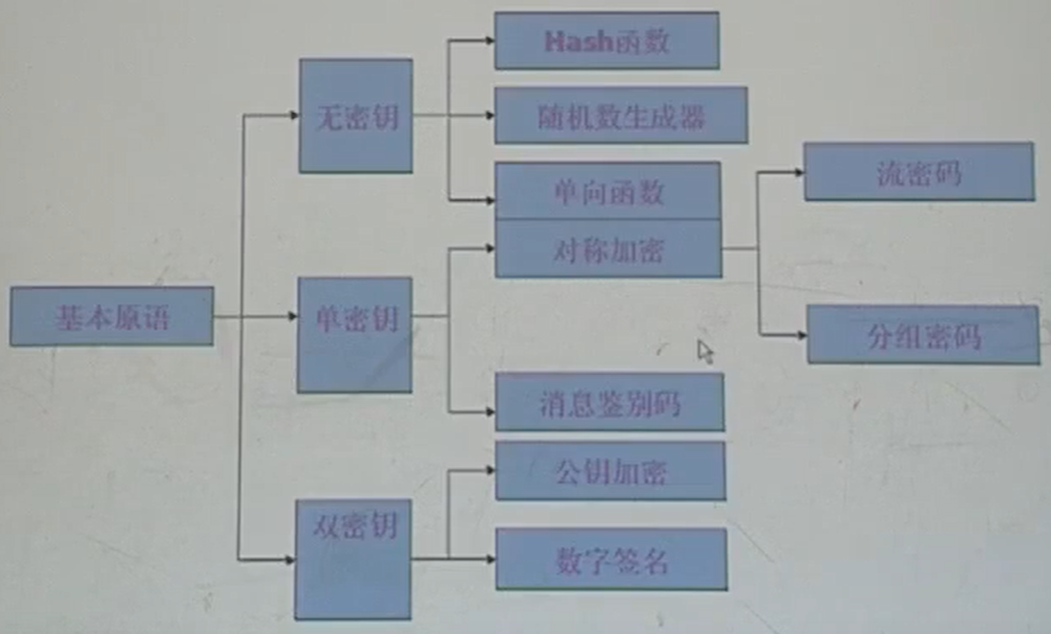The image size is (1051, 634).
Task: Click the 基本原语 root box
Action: (x=111, y=316)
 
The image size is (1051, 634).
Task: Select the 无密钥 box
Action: (x=355, y=116)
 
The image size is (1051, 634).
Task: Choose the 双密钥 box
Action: (x=354, y=559)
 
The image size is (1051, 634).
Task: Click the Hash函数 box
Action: (x=607, y=41)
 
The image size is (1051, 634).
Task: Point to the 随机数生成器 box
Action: (x=621, y=115)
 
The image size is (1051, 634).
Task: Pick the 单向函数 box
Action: (x=608, y=190)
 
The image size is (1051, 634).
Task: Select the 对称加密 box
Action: (x=608, y=249)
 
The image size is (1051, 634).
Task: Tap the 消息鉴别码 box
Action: (x=610, y=402)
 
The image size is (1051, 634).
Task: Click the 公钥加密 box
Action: (x=611, y=472)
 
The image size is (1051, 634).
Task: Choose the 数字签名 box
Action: (x=611, y=559)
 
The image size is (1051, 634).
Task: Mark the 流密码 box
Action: (x=919, y=172)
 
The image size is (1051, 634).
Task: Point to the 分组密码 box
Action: (x=923, y=334)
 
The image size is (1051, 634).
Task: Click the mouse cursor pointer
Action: (x=705, y=351)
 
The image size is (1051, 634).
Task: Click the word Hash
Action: (x=578, y=42)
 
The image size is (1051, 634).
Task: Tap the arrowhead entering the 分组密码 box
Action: (x=801, y=334)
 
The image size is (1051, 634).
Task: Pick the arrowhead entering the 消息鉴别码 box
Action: (x=489, y=412)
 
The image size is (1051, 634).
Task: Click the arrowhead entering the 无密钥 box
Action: (x=294, y=116)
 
